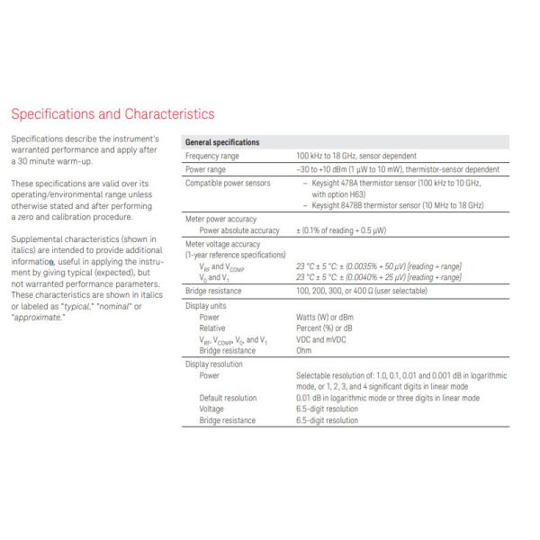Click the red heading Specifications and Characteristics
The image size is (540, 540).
tap(112, 114)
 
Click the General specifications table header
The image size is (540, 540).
tap(221, 142)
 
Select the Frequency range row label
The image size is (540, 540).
tap(211, 156)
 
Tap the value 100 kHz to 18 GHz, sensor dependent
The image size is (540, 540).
tap(363, 156)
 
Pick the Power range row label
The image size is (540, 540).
tap(205, 169)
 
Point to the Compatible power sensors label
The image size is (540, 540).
tap(227, 183)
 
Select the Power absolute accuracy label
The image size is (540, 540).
tap(238, 230)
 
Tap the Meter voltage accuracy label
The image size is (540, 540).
tap(222, 244)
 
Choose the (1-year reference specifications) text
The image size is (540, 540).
tap(235, 255)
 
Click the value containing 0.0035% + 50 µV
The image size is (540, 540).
tap(379, 266)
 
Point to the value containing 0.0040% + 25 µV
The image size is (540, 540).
tap(379, 277)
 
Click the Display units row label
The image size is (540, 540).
tap(206, 306)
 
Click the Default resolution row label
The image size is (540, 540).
tap(228, 398)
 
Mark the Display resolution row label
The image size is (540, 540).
tap(215, 364)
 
